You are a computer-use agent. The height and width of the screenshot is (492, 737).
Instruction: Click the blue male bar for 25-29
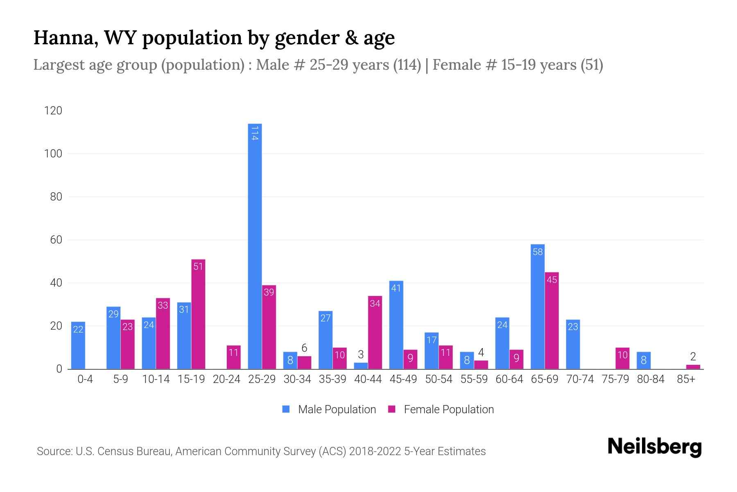click(255, 246)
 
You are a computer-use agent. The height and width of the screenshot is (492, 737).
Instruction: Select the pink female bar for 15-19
click(198, 314)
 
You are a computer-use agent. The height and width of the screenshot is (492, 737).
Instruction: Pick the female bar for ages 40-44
click(375, 333)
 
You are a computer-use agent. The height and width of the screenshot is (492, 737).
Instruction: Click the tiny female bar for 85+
click(693, 367)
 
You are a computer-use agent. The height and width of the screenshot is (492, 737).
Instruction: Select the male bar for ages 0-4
click(78, 345)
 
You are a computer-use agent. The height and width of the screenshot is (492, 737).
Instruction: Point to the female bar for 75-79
click(622, 358)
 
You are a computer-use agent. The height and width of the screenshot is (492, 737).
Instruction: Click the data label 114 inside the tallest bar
click(255, 133)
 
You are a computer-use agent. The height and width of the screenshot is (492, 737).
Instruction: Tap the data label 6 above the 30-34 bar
click(304, 348)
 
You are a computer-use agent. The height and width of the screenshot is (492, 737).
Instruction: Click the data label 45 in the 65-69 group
click(552, 280)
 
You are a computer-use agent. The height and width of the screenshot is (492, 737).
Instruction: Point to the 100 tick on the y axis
click(53, 154)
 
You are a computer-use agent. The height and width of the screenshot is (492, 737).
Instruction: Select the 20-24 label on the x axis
click(226, 379)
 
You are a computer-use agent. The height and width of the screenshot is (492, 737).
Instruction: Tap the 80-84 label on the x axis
click(651, 379)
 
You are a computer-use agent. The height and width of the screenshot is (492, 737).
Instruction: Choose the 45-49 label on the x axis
click(403, 379)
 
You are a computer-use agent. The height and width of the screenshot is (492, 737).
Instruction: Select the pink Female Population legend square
click(392, 409)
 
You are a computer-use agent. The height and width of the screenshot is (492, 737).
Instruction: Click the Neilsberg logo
click(654, 447)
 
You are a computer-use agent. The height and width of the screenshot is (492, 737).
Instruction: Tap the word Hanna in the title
click(66, 38)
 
